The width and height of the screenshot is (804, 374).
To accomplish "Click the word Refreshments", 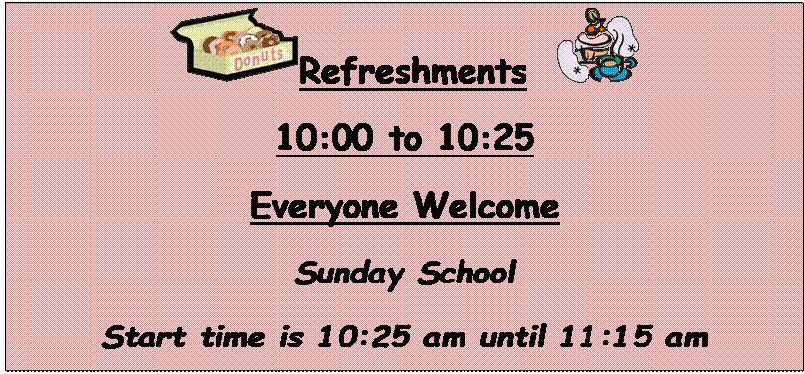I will pyautogui.click(x=411, y=73).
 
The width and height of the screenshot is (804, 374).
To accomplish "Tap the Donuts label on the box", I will pyautogui.click(x=260, y=58).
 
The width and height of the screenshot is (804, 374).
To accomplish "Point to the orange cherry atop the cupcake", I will pyautogui.click(x=593, y=17).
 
